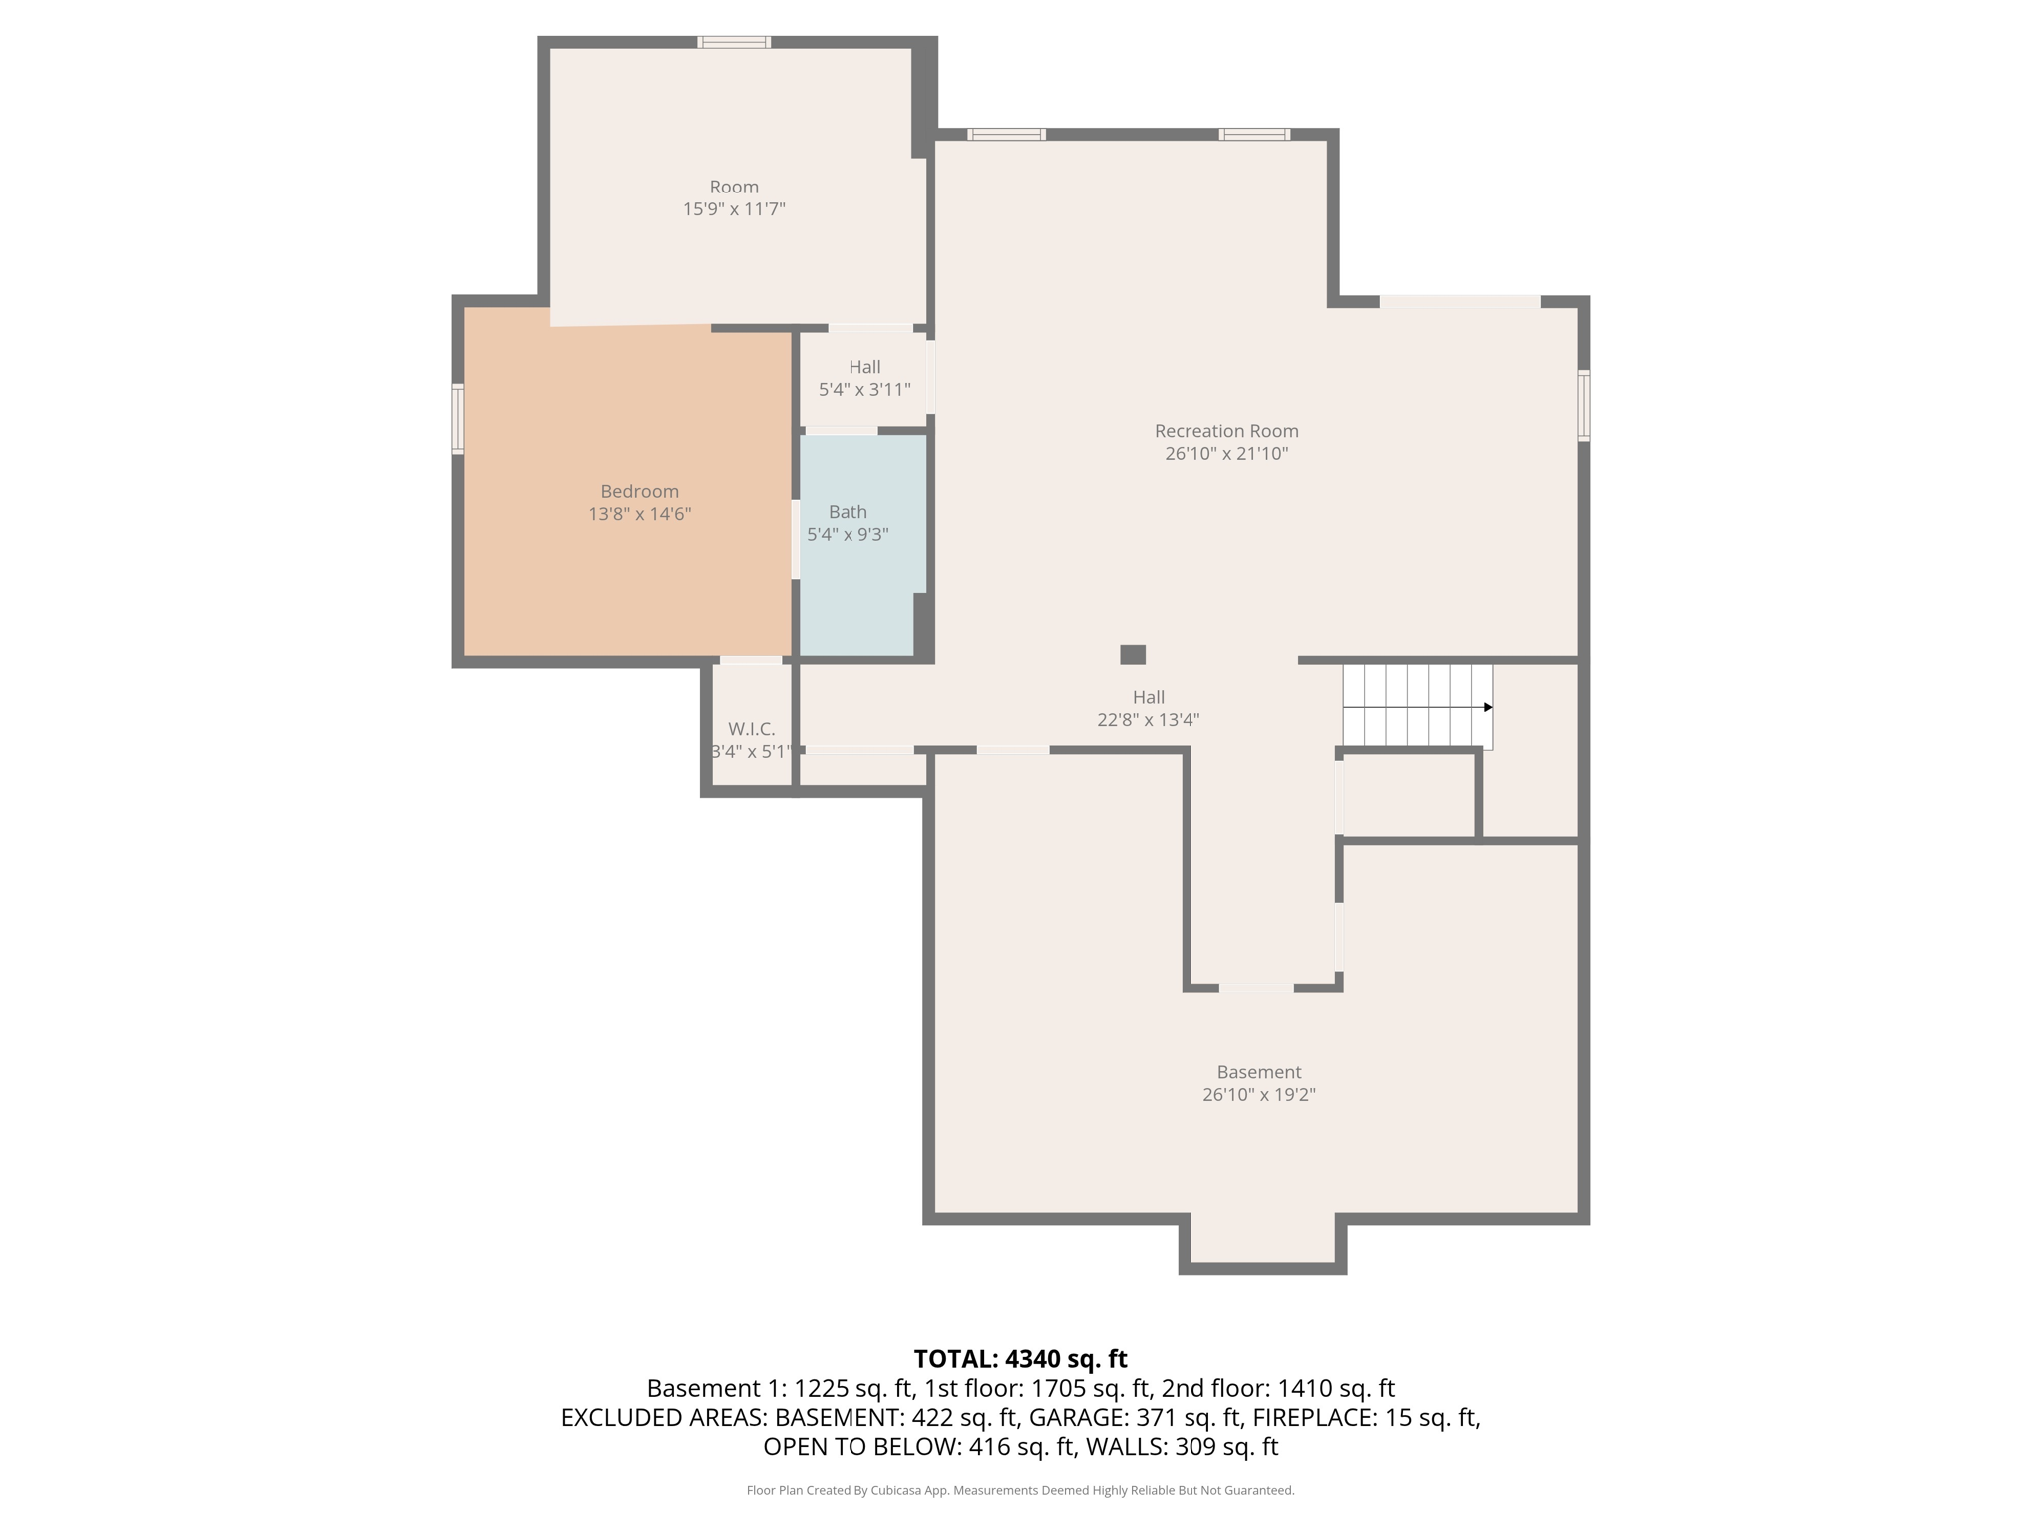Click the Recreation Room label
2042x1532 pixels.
tap(1226, 431)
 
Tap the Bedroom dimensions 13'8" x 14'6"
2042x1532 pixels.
tap(639, 514)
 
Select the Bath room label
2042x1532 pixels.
tap(848, 512)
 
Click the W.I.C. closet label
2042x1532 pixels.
tap(751, 729)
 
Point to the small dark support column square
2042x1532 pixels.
tap(1133, 655)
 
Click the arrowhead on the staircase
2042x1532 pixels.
tap(1487, 707)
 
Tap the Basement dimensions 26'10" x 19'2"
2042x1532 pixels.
tap(1258, 1094)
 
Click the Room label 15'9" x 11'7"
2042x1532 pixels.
tap(734, 188)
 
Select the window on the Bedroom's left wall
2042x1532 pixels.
tap(458, 419)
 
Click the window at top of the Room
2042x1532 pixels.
tap(734, 42)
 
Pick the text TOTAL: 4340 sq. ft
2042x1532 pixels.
tap(1020, 1359)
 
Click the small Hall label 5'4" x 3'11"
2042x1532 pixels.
tap(864, 367)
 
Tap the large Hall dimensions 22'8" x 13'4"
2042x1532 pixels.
tap(1148, 720)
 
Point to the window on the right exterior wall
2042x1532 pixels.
tap(1583, 406)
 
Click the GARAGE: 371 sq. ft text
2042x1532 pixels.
tap(1135, 1417)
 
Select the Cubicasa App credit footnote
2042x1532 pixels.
tap(1020, 1490)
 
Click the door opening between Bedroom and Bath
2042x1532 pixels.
tap(796, 540)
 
